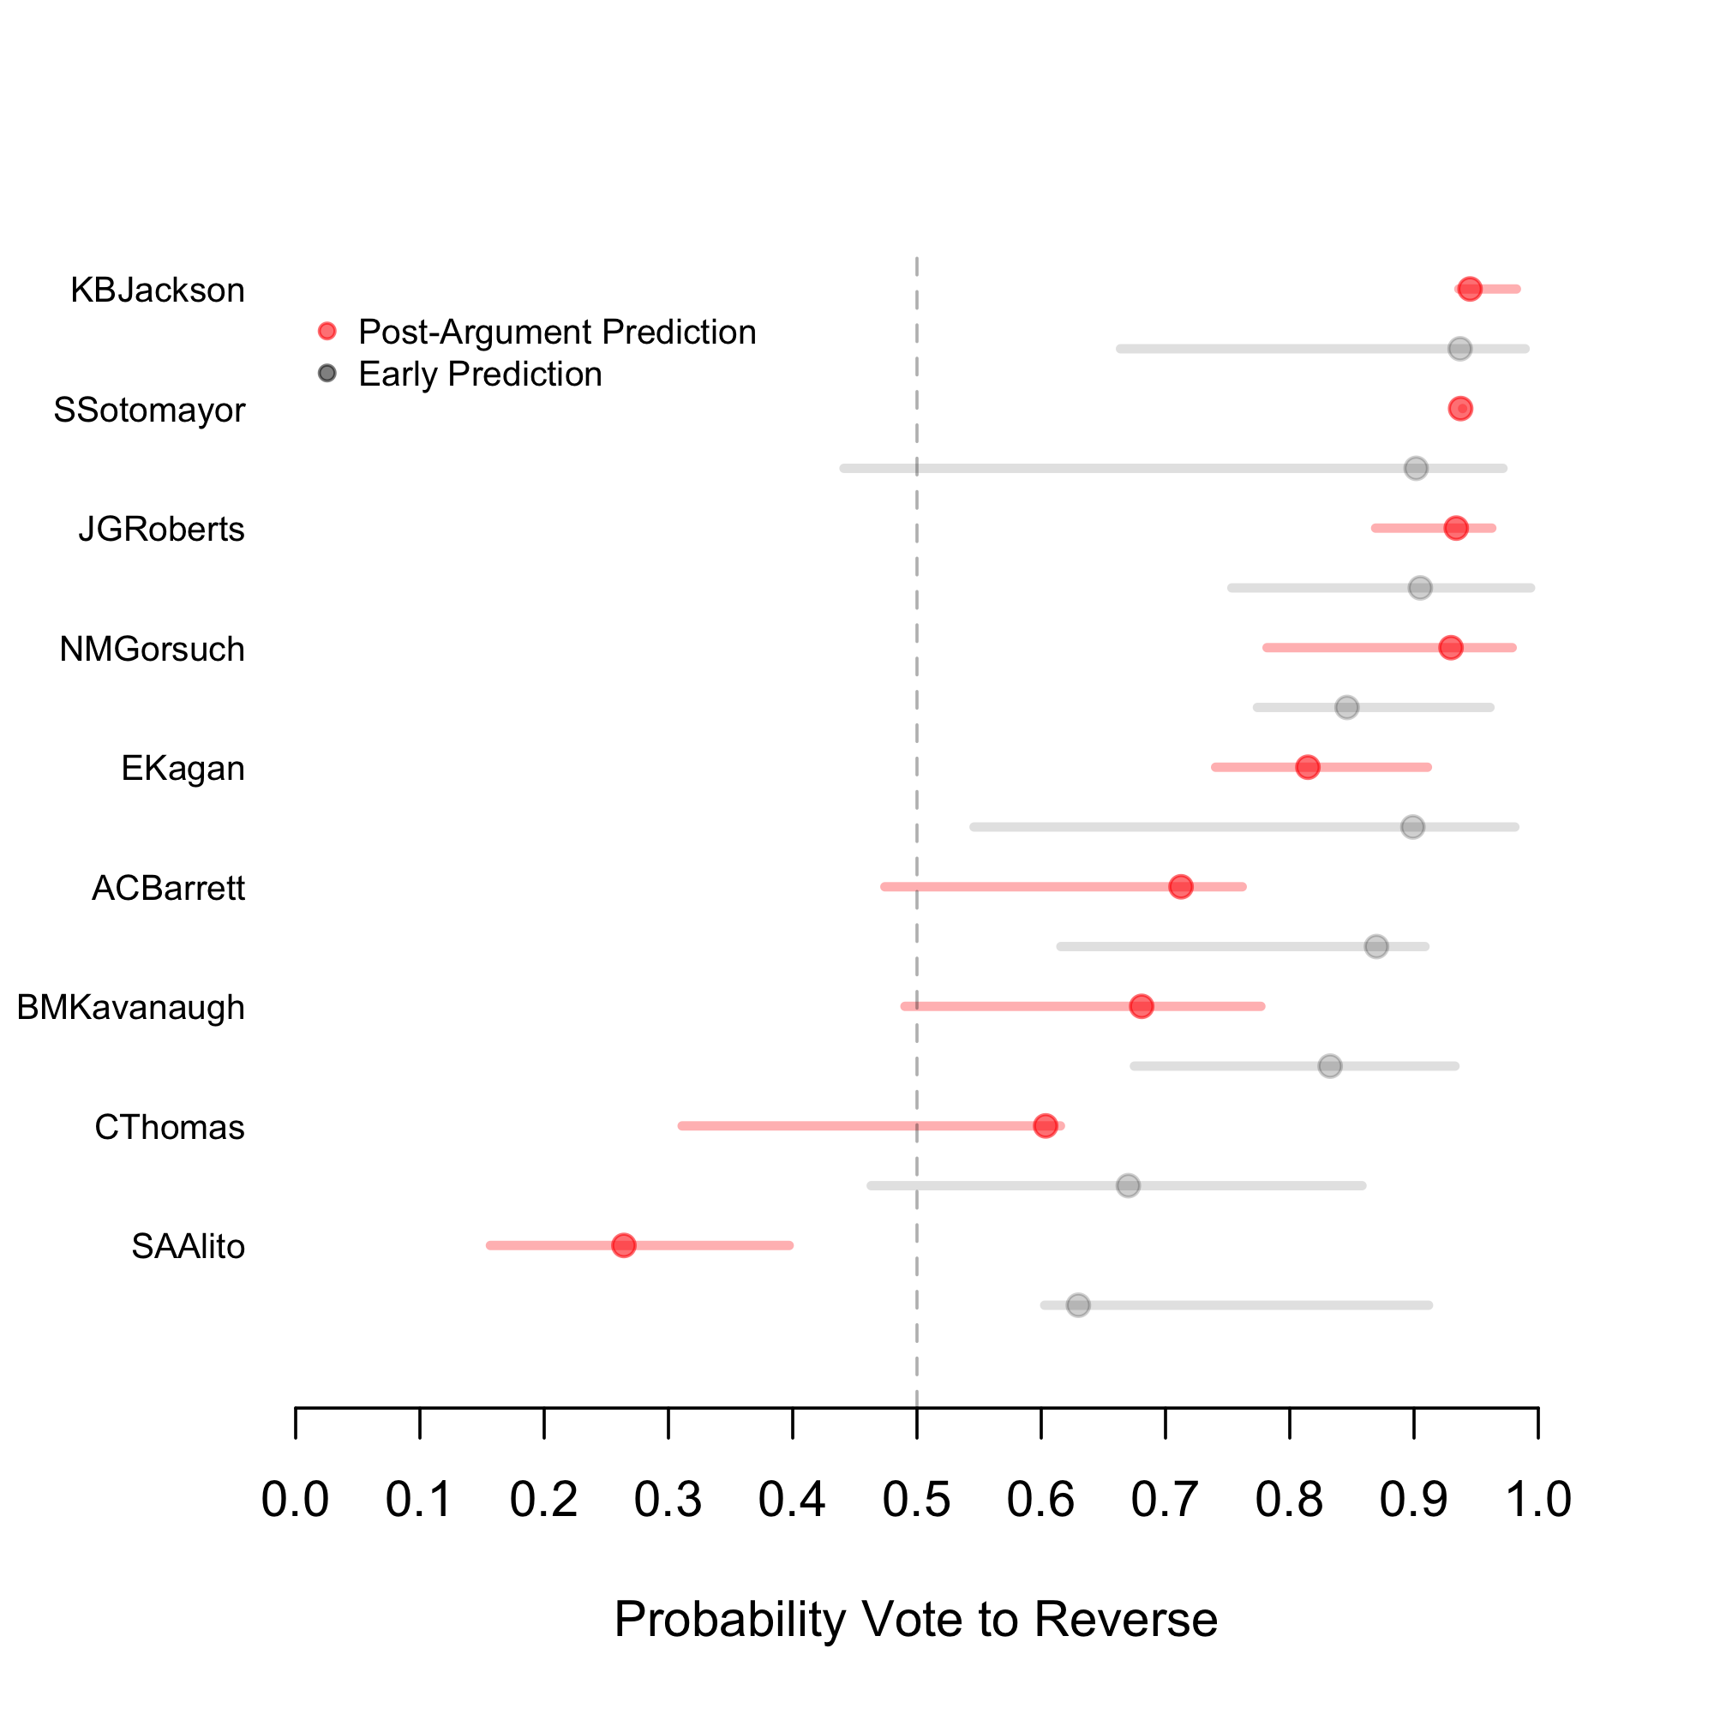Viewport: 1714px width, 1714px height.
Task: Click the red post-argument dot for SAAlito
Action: click(x=624, y=1244)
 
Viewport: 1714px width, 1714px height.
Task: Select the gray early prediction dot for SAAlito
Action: click(x=1078, y=1305)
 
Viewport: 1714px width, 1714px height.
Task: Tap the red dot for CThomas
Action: click(x=1045, y=1126)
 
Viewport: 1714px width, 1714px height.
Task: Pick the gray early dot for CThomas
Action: click(x=1128, y=1185)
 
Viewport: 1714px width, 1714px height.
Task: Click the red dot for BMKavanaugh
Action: click(x=1141, y=1006)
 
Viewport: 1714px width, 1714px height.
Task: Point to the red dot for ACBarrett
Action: click(x=1180, y=886)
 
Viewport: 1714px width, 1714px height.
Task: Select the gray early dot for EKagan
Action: click(x=1412, y=827)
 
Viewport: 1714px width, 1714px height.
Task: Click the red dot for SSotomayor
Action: click(x=1460, y=409)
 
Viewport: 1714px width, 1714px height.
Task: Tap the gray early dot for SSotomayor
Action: click(x=1416, y=468)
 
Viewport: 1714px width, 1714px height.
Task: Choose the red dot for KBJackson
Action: click(x=1470, y=289)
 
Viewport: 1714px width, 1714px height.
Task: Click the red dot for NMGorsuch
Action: click(x=1451, y=648)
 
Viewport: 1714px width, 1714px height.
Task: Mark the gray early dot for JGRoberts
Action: click(x=1420, y=587)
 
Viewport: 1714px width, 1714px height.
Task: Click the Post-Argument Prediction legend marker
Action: click(x=327, y=332)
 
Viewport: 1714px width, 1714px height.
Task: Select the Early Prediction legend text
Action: click(x=480, y=375)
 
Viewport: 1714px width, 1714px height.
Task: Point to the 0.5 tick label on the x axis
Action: click(x=916, y=1499)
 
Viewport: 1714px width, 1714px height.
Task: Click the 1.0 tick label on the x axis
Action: click(x=1538, y=1499)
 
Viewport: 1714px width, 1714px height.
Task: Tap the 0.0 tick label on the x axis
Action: click(x=296, y=1499)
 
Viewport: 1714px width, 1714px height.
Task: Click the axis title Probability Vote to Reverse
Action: click(x=915, y=1619)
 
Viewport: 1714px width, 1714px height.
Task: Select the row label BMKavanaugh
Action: click(x=130, y=1008)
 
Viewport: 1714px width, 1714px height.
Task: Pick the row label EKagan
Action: click(x=183, y=768)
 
